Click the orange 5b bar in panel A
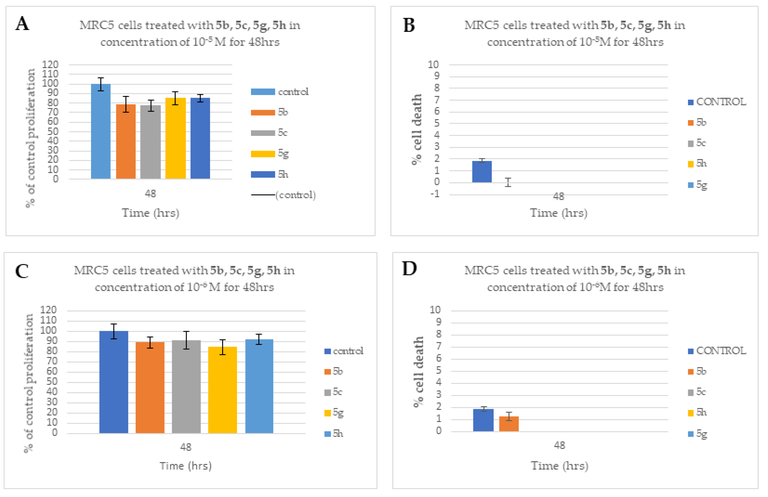(x=126, y=141)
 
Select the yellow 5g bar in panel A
(x=176, y=138)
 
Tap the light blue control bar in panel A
(x=101, y=131)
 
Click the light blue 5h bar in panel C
(x=259, y=386)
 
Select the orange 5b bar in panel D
(x=509, y=424)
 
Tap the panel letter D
(x=409, y=268)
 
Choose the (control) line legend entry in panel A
(x=283, y=195)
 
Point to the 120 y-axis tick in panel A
(x=50, y=64)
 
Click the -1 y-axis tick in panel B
(x=435, y=194)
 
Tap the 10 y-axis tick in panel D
(x=435, y=310)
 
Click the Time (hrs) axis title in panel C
(x=186, y=466)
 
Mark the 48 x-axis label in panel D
(x=559, y=445)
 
